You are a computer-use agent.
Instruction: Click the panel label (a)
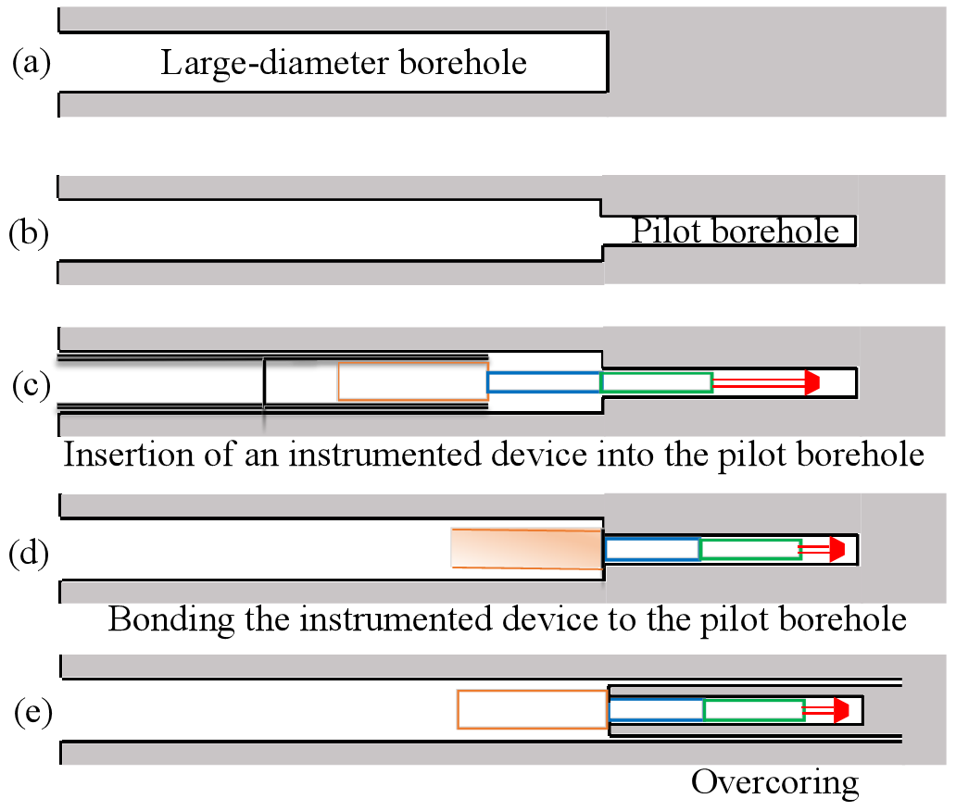pos(31,63)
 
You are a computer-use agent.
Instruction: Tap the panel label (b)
pos(30,232)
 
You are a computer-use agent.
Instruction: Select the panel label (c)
pos(31,386)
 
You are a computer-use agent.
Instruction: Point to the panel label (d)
pos(30,554)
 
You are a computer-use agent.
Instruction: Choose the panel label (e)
pos(33,712)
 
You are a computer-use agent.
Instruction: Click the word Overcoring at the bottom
pos(775,782)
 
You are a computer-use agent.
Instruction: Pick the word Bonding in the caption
pos(171,620)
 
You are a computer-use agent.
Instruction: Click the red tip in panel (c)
pos(812,382)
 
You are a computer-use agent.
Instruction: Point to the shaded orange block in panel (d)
pos(527,548)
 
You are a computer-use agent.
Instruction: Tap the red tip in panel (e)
pos(841,710)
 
